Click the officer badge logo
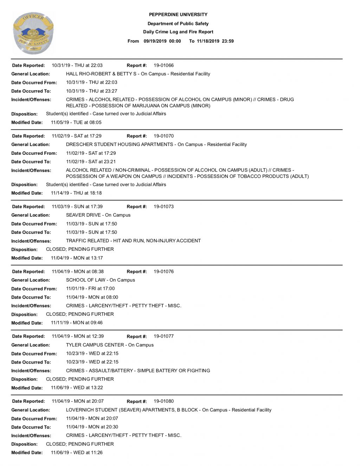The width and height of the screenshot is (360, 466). [x=33, y=33]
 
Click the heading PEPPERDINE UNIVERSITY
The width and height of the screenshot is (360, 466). [x=178, y=15]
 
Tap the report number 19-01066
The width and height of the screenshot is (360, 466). [x=163, y=65]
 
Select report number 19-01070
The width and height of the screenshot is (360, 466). [x=163, y=136]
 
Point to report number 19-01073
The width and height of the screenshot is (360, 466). [x=163, y=207]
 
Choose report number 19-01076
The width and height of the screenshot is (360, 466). [x=163, y=272]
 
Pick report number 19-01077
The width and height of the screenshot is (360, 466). [x=163, y=336]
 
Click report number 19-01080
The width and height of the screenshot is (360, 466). [x=163, y=401]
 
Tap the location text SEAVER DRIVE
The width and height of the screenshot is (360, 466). [x=83, y=215]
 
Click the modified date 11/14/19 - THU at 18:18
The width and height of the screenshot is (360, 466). [x=76, y=193]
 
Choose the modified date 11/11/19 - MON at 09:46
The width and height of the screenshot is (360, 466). [x=77, y=323]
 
